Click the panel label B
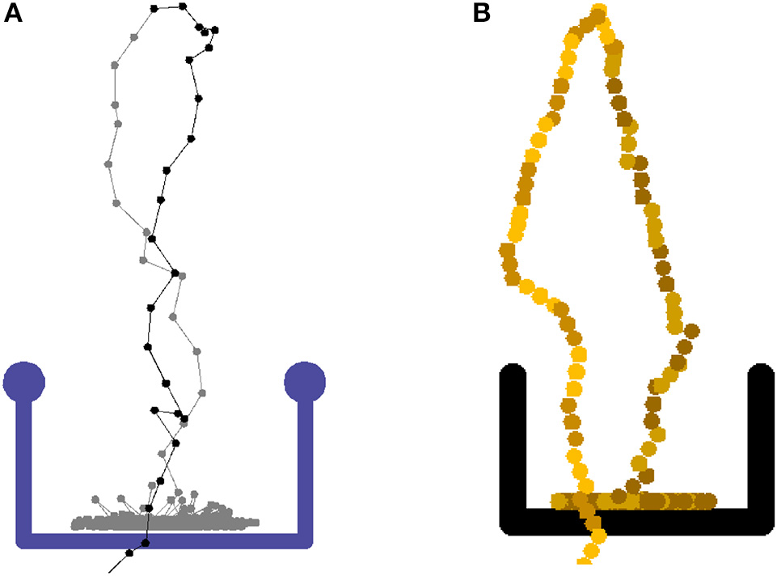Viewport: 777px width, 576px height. point(481,14)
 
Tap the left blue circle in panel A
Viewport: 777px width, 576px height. point(24,382)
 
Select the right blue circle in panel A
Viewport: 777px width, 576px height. point(305,382)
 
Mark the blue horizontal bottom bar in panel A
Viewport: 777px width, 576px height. point(166,540)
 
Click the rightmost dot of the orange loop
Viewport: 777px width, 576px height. point(692,330)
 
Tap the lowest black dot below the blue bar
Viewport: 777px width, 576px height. point(129,553)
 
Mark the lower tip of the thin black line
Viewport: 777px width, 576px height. point(110,571)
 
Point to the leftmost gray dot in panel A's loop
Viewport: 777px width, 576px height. point(108,164)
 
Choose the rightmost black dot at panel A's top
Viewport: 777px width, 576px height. point(216,30)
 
